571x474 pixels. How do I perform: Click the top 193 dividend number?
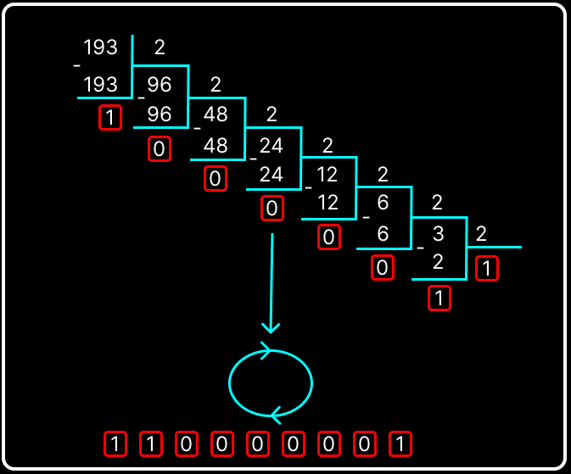[100, 47]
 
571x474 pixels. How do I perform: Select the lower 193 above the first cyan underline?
[100, 85]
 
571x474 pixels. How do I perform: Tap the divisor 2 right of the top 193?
[160, 47]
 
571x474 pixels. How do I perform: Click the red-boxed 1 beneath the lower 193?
[110, 117]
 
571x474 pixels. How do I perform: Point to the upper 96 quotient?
[160, 85]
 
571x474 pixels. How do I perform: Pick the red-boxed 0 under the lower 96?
[160, 148]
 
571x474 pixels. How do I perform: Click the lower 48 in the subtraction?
[216, 146]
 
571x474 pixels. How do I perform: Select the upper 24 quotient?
[272, 146]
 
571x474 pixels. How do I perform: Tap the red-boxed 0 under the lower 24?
[272, 209]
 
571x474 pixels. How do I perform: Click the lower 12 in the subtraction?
[327, 203]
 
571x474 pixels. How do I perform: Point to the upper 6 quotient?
[383, 203]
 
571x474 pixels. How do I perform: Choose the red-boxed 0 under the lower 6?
[383, 268]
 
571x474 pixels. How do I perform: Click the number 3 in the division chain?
[438, 233]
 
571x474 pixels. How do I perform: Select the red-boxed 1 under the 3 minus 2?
[439, 298]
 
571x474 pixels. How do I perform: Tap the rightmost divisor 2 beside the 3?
[481, 233]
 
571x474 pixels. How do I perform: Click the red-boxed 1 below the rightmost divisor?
[487, 268]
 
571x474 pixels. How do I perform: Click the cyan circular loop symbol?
[271, 383]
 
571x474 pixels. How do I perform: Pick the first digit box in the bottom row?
[115, 443]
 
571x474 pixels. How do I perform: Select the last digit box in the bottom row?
[400, 443]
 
